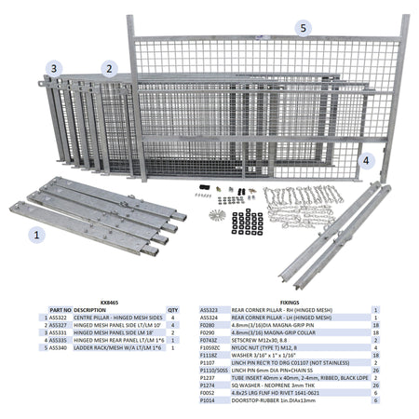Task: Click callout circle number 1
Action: click(x=36, y=235)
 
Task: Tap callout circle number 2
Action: click(x=109, y=69)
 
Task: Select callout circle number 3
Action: click(x=56, y=69)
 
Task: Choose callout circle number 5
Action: click(x=303, y=29)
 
